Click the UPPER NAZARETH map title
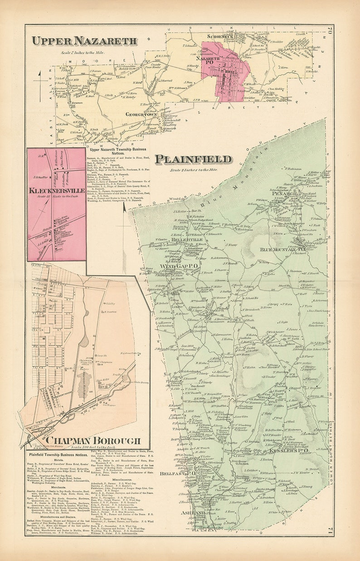84,41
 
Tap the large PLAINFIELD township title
193,160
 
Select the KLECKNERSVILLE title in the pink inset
56,191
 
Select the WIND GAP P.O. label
178,266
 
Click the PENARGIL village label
284,194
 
